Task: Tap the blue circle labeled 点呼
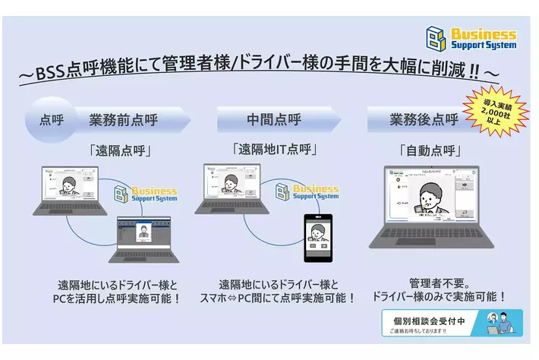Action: click(52, 119)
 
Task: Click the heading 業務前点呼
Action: click(123, 119)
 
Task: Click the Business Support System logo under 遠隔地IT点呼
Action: click(307, 191)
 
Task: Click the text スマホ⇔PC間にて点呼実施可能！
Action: click(277, 298)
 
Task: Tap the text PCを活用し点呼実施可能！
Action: click(120, 298)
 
